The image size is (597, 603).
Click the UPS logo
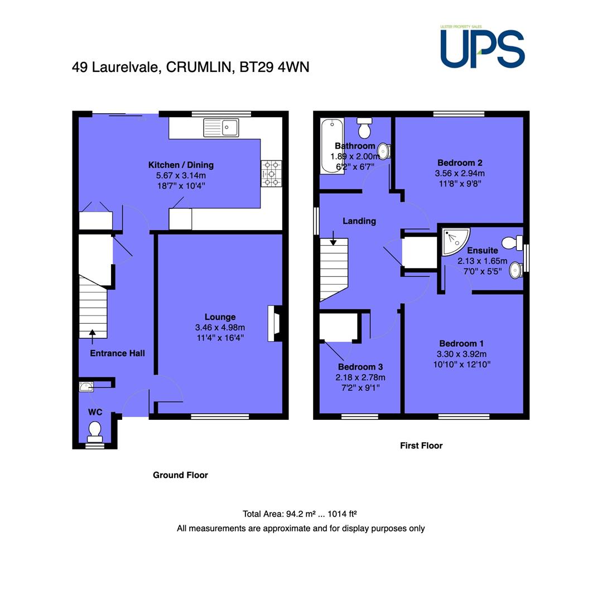[x=483, y=47]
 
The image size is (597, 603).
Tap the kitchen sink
[x=221, y=127]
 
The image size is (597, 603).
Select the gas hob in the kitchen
[x=271, y=174]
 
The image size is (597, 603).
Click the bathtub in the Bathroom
[x=332, y=146]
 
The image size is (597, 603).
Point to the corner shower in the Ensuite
[x=455, y=242]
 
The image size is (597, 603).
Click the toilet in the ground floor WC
[x=94, y=432]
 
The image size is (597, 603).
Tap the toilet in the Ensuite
[x=512, y=243]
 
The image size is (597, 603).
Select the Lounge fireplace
[x=275, y=323]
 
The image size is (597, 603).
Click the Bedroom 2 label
[x=460, y=162]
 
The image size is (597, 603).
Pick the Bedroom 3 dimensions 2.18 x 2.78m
[x=360, y=377]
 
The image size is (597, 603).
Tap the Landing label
[x=359, y=221]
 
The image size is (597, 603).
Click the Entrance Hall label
[x=117, y=353]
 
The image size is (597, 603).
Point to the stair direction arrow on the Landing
[x=333, y=238]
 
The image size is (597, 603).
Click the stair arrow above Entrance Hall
[x=92, y=337]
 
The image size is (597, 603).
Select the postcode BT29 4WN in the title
[x=275, y=67]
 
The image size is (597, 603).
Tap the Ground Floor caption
[x=180, y=475]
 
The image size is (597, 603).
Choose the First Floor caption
[x=421, y=446]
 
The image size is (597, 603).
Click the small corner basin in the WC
[x=86, y=386]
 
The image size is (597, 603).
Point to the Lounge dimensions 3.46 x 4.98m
[x=220, y=327]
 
